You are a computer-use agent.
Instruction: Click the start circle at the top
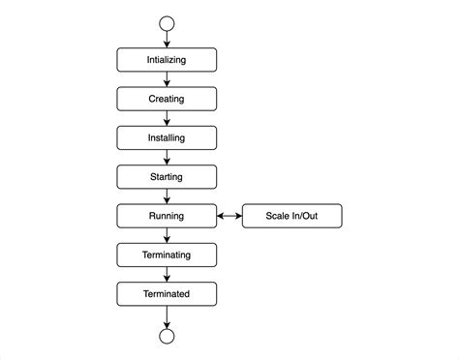167,23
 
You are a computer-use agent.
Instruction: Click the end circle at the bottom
167,337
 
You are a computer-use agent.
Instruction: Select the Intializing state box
167,60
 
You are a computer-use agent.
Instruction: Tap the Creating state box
167,99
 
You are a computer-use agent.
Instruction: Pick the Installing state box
167,137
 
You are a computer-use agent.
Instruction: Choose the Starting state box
167,177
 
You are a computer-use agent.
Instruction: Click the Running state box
167,216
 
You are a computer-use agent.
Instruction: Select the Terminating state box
167,255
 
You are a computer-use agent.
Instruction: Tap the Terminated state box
167,293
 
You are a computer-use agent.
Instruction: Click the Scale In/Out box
291,216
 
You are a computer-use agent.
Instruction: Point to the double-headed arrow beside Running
229,216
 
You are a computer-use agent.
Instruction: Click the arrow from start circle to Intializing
167,40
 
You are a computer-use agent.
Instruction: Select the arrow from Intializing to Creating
167,79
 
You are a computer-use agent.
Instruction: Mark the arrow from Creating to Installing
167,118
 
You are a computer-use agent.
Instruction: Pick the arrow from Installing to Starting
167,158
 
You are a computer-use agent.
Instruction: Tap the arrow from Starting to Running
167,196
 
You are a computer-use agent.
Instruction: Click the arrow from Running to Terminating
167,235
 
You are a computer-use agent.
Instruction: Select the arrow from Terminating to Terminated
167,274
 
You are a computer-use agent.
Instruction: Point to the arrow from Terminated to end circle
167,316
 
